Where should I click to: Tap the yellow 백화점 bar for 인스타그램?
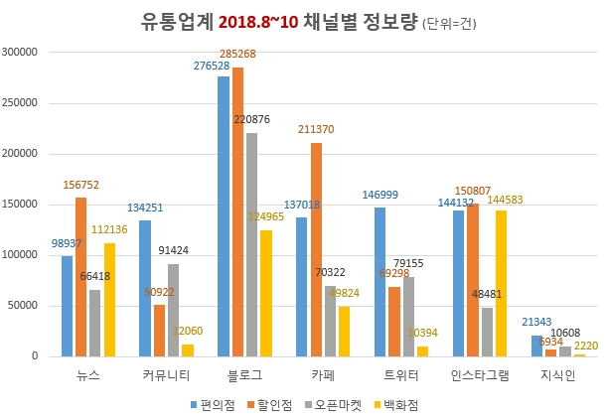click(501, 282)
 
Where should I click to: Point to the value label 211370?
click(316, 129)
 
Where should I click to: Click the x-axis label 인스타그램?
click(483, 375)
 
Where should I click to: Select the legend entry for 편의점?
click(215, 403)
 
